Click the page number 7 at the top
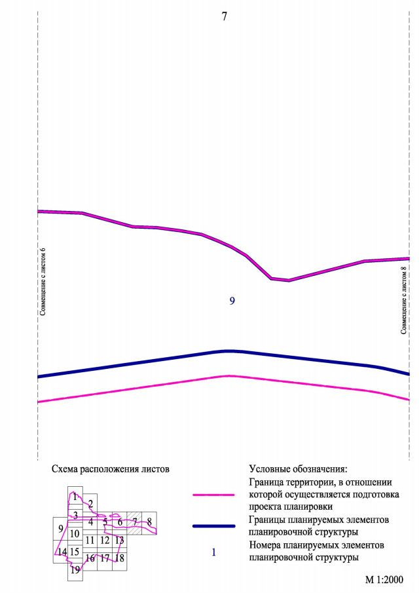[x=225, y=17]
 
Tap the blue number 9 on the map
[x=232, y=301]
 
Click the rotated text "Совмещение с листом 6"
[x=43, y=282]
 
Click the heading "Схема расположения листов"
[x=110, y=469]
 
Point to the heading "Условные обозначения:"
[x=298, y=469]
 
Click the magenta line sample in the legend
[x=213, y=495]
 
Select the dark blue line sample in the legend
[x=213, y=526]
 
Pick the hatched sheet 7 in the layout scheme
[x=134, y=522]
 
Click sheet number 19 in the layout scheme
[x=75, y=570]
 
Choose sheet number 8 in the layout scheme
[x=149, y=522]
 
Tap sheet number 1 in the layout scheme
[x=75, y=497]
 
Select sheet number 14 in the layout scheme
[x=62, y=552]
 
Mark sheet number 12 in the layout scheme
[x=105, y=541]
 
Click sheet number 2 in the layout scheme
[x=90, y=503]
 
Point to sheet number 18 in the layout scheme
[x=119, y=558]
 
